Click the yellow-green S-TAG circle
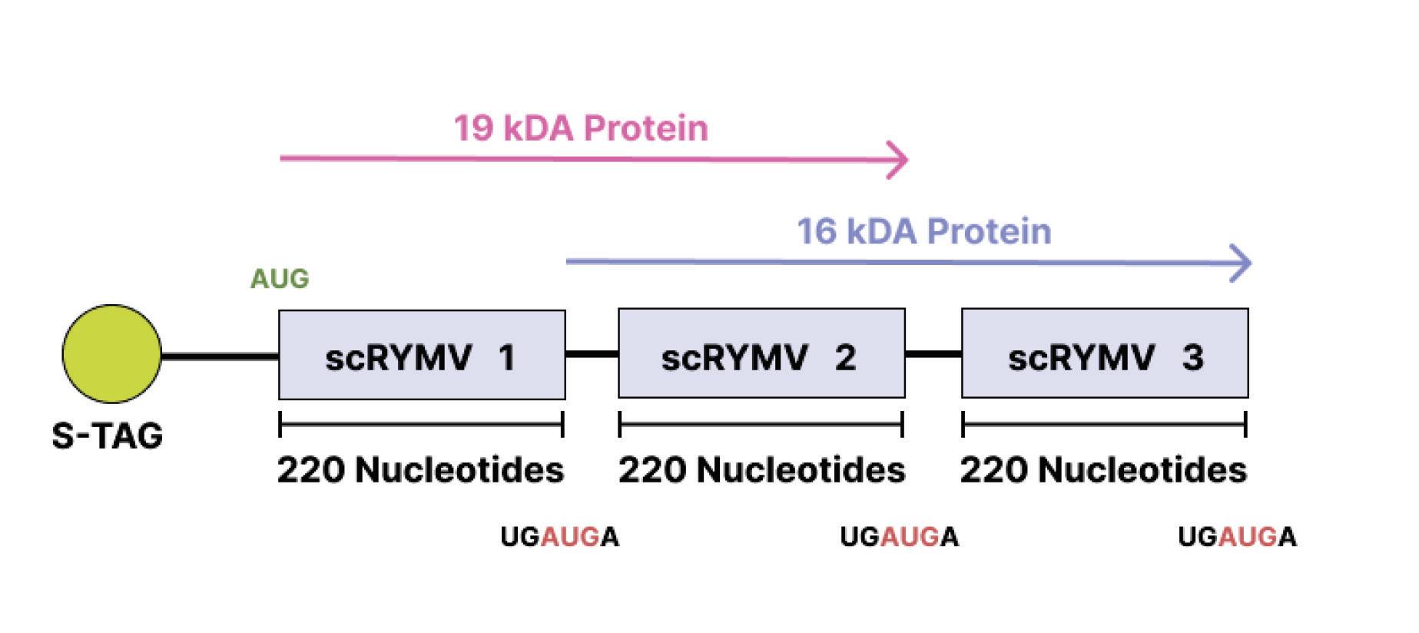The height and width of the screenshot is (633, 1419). [x=112, y=354]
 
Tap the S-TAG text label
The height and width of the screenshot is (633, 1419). [x=108, y=436]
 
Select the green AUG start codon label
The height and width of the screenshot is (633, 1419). [x=280, y=278]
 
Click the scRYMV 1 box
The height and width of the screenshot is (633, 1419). [x=422, y=355]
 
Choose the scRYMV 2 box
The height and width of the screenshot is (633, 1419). [x=761, y=353]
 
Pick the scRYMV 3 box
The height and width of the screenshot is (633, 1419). [x=1105, y=353]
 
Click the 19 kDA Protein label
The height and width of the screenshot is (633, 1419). [x=581, y=128]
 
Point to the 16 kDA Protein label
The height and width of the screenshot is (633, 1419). [x=923, y=231]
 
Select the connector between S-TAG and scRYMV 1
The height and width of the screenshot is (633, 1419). [x=220, y=356]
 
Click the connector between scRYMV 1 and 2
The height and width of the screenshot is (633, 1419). [x=592, y=354]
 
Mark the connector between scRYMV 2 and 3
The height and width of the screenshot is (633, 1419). [x=933, y=354]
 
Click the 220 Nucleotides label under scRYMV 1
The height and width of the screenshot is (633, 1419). [x=421, y=470]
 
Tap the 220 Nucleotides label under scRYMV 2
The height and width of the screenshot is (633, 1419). [x=761, y=470]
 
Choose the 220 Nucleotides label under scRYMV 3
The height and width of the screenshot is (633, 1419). [x=1103, y=470]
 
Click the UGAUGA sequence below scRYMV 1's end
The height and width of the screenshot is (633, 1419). [x=559, y=537]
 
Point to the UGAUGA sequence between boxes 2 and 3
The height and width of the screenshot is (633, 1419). [x=899, y=537]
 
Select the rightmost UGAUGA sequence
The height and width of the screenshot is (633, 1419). [x=1237, y=537]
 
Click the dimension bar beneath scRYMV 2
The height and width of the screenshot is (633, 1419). [x=761, y=423]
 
